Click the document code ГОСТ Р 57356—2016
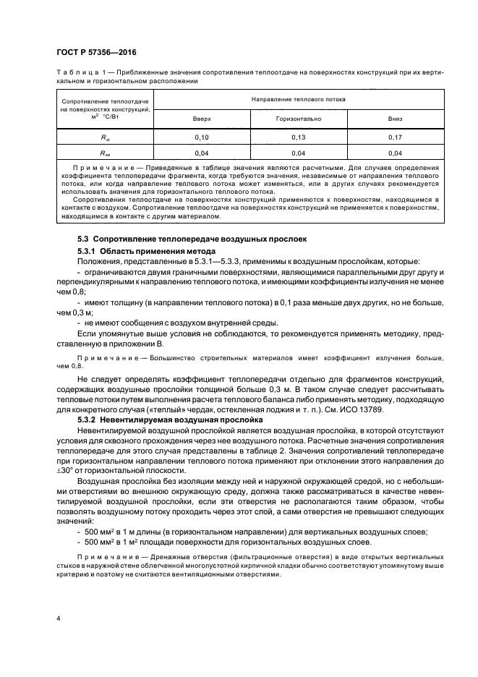(95, 53)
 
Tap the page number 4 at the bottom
(57, 618)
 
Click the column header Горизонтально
(298, 117)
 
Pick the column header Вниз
(394, 117)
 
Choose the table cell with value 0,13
(298, 136)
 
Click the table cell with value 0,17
(394, 136)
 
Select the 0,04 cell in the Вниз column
(394, 153)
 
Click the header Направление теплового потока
(298, 98)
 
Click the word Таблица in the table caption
(74, 72)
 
